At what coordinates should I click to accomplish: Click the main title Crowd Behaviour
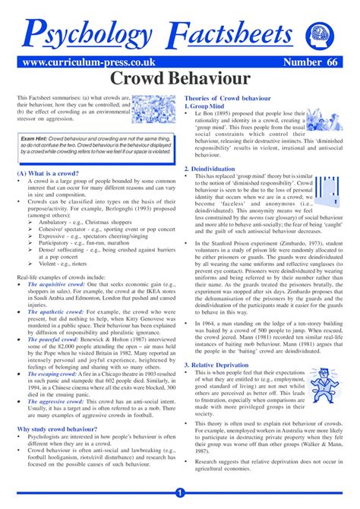pyautogui.click(x=179, y=78)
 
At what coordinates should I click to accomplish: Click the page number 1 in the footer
pyautogui.click(x=180, y=492)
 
